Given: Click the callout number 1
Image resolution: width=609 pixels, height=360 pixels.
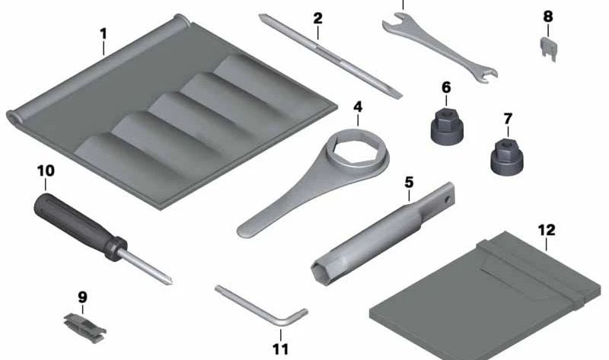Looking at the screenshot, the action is [103, 34].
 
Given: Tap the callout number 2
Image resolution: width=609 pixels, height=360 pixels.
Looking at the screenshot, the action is [317, 18].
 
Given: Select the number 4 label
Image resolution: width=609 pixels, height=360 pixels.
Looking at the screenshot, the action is [358, 107].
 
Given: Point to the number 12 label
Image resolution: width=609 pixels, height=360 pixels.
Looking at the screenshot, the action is [547, 230].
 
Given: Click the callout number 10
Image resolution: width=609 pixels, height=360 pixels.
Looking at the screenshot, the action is [46, 170].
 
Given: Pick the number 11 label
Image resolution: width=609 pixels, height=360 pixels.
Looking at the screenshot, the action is [280, 349].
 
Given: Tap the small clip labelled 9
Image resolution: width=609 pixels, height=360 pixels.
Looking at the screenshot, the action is [84, 328].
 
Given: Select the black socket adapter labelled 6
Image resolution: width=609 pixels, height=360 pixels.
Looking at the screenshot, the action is [447, 126].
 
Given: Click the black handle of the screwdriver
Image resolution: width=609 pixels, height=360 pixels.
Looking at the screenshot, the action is [80, 225].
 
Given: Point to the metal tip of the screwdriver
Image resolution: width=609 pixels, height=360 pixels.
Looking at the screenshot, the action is [145, 267].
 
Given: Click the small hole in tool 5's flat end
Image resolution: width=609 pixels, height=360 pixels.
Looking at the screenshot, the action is [448, 199].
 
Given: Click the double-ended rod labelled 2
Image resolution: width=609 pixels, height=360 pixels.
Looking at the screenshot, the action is [330, 56].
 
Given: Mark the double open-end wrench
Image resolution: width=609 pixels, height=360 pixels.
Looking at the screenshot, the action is [439, 48].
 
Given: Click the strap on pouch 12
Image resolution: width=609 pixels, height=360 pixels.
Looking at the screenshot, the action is [532, 269].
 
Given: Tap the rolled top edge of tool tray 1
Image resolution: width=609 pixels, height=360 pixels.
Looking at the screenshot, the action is [97, 68].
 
